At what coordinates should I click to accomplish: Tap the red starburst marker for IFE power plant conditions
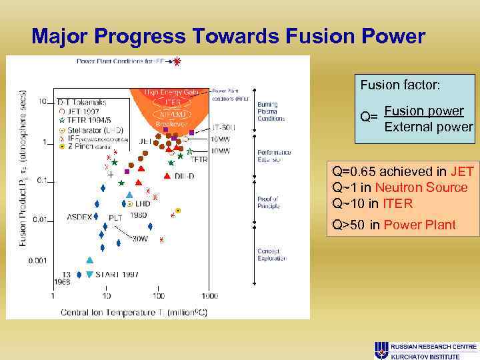tap(177, 62)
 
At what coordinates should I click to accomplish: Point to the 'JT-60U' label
tap(224, 127)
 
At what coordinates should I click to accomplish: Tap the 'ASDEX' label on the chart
tap(80, 217)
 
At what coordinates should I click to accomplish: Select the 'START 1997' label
tap(117, 275)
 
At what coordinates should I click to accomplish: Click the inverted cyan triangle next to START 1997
tap(89, 275)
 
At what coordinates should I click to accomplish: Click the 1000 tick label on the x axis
tap(209, 295)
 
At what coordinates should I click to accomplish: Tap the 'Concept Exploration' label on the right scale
tap(272, 255)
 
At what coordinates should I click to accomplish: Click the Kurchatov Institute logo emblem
tap(381, 350)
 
